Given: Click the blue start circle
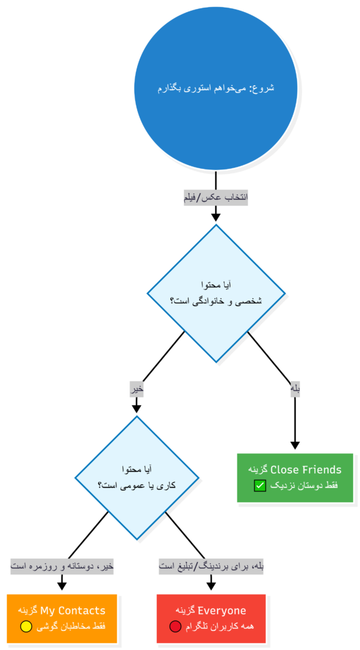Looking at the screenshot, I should click(215, 88).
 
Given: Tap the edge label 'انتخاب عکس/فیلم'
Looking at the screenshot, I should click(215, 197).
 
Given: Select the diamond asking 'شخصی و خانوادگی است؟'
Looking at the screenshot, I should click(216, 293).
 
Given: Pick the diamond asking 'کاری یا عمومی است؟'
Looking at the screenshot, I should click(137, 477).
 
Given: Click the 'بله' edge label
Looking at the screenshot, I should click(295, 390).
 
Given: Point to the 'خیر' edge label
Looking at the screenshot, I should click(137, 390).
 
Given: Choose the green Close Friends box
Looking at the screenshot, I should click(295, 478).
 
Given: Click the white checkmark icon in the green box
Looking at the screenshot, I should click(260, 486).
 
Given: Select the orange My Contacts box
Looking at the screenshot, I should click(62, 618).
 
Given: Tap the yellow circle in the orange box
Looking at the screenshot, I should click(26, 627).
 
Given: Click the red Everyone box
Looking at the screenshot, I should click(211, 618).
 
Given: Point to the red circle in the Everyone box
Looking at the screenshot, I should click(175, 627).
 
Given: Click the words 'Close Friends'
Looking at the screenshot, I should click(306, 470).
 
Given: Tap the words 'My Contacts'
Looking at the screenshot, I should click(73, 611).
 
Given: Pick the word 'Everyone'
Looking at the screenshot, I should click(222, 611).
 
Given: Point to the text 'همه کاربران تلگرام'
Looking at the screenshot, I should click(220, 627).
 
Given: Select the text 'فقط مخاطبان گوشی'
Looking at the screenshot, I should click(70, 627).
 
